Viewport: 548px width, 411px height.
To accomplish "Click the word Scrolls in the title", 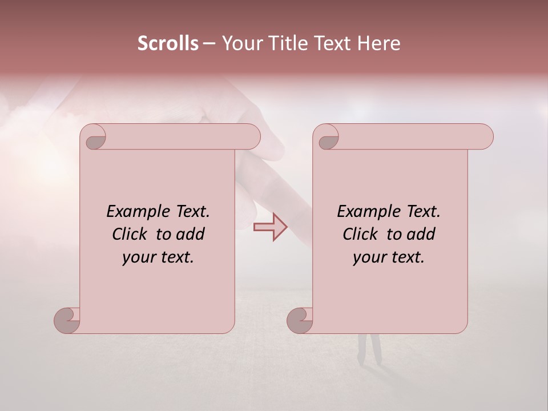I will (x=168, y=43).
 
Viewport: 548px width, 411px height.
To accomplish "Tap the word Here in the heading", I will (x=379, y=43).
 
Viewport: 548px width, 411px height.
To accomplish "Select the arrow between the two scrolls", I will (x=270, y=227).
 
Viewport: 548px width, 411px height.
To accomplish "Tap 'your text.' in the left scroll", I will (x=158, y=257).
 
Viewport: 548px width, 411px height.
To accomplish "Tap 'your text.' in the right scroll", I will (x=389, y=257).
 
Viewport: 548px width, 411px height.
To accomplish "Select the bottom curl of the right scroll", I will (x=300, y=320).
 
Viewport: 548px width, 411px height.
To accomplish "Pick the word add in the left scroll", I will (x=191, y=234).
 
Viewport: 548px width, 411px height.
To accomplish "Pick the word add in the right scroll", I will (x=422, y=234).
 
